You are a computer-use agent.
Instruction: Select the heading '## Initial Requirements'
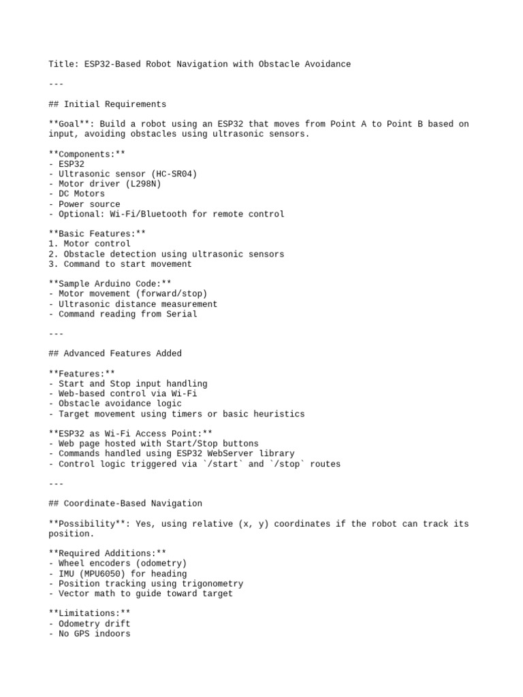pos(108,104)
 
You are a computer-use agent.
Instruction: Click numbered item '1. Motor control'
pos(89,244)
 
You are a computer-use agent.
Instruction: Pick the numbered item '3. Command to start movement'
pos(120,264)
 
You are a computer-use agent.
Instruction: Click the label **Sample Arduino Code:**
pos(110,284)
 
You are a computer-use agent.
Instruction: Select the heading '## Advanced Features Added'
pos(115,353)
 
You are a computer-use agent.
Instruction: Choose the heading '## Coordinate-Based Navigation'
pos(125,504)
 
